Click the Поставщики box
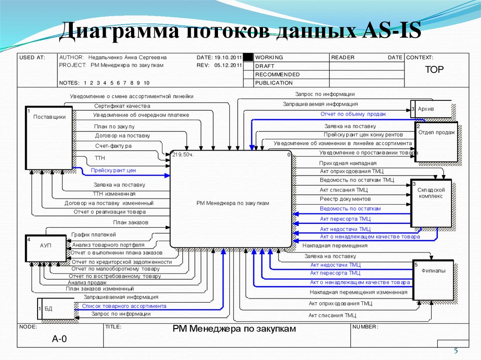pyautogui.click(x=49, y=138)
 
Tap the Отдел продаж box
pyautogui.click(x=436, y=142)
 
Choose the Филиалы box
pyautogui.click(x=434, y=280)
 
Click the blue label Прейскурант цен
pyautogui.click(x=113, y=170)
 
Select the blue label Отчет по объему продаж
pyautogui.click(x=353, y=114)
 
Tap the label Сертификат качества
pyautogui.click(x=122, y=106)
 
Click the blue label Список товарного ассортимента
pyautogui.click(x=124, y=306)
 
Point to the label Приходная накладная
pyautogui.click(x=341, y=162)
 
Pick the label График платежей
pyautogui.click(x=93, y=235)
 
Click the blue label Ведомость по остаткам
pyautogui.click(x=350, y=208)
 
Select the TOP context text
pyautogui.click(x=434, y=70)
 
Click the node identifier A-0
pyautogui.click(x=60, y=339)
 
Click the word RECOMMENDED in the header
pyautogui.click(x=277, y=74)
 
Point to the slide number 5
pyautogui.click(x=455, y=352)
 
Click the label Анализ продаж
pyautogui.click(x=87, y=283)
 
